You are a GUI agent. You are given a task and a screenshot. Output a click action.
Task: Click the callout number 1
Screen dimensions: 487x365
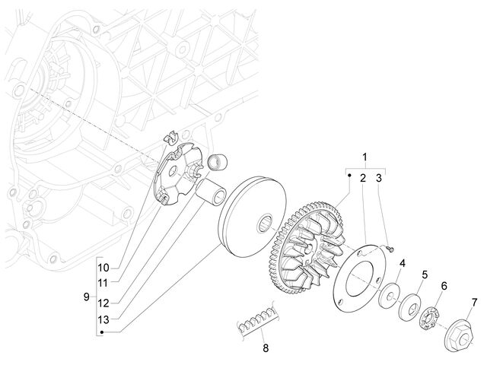(x=365, y=157)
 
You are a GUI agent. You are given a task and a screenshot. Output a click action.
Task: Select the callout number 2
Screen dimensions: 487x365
(x=363, y=178)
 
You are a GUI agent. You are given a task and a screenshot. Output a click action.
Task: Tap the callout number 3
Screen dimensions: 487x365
(x=379, y=178)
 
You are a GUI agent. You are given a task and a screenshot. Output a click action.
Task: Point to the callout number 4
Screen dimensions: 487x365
(x=403, y=264)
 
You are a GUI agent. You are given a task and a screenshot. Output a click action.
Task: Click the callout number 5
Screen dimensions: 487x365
(x=425, y=275)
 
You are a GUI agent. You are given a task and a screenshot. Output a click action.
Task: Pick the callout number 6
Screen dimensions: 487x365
(x=444, y=286)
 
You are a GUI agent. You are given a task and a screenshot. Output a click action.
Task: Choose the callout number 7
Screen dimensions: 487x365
(x=474, y=303)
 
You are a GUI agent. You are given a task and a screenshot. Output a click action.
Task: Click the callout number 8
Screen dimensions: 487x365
(x=266, y=348)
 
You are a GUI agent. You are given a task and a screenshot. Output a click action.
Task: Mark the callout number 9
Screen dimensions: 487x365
(x=86, y=297)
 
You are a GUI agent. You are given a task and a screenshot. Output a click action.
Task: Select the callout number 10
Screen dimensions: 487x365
(x=103, y=268)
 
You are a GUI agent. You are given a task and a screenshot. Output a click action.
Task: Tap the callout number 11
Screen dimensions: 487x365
(x=103, y=283)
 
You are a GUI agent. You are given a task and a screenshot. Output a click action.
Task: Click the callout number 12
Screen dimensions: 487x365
(x=103, y=303)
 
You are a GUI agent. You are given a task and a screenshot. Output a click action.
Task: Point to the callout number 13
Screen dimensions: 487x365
(x=103, y=319)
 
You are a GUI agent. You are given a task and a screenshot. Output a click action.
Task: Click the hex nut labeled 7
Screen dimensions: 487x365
(x=459, y=337)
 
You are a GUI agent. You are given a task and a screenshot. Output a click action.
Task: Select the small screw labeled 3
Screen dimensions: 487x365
(x=390, y=248)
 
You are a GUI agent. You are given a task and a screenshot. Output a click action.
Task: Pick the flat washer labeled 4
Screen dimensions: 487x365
(x=389, y=294)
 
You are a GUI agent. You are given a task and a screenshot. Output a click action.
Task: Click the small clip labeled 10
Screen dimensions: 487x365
(x=170, y=137)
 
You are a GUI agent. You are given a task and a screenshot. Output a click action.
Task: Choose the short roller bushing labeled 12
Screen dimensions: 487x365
(x=218, y=161)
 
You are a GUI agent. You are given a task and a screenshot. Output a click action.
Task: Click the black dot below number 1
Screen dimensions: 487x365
(x=349, y=176)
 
